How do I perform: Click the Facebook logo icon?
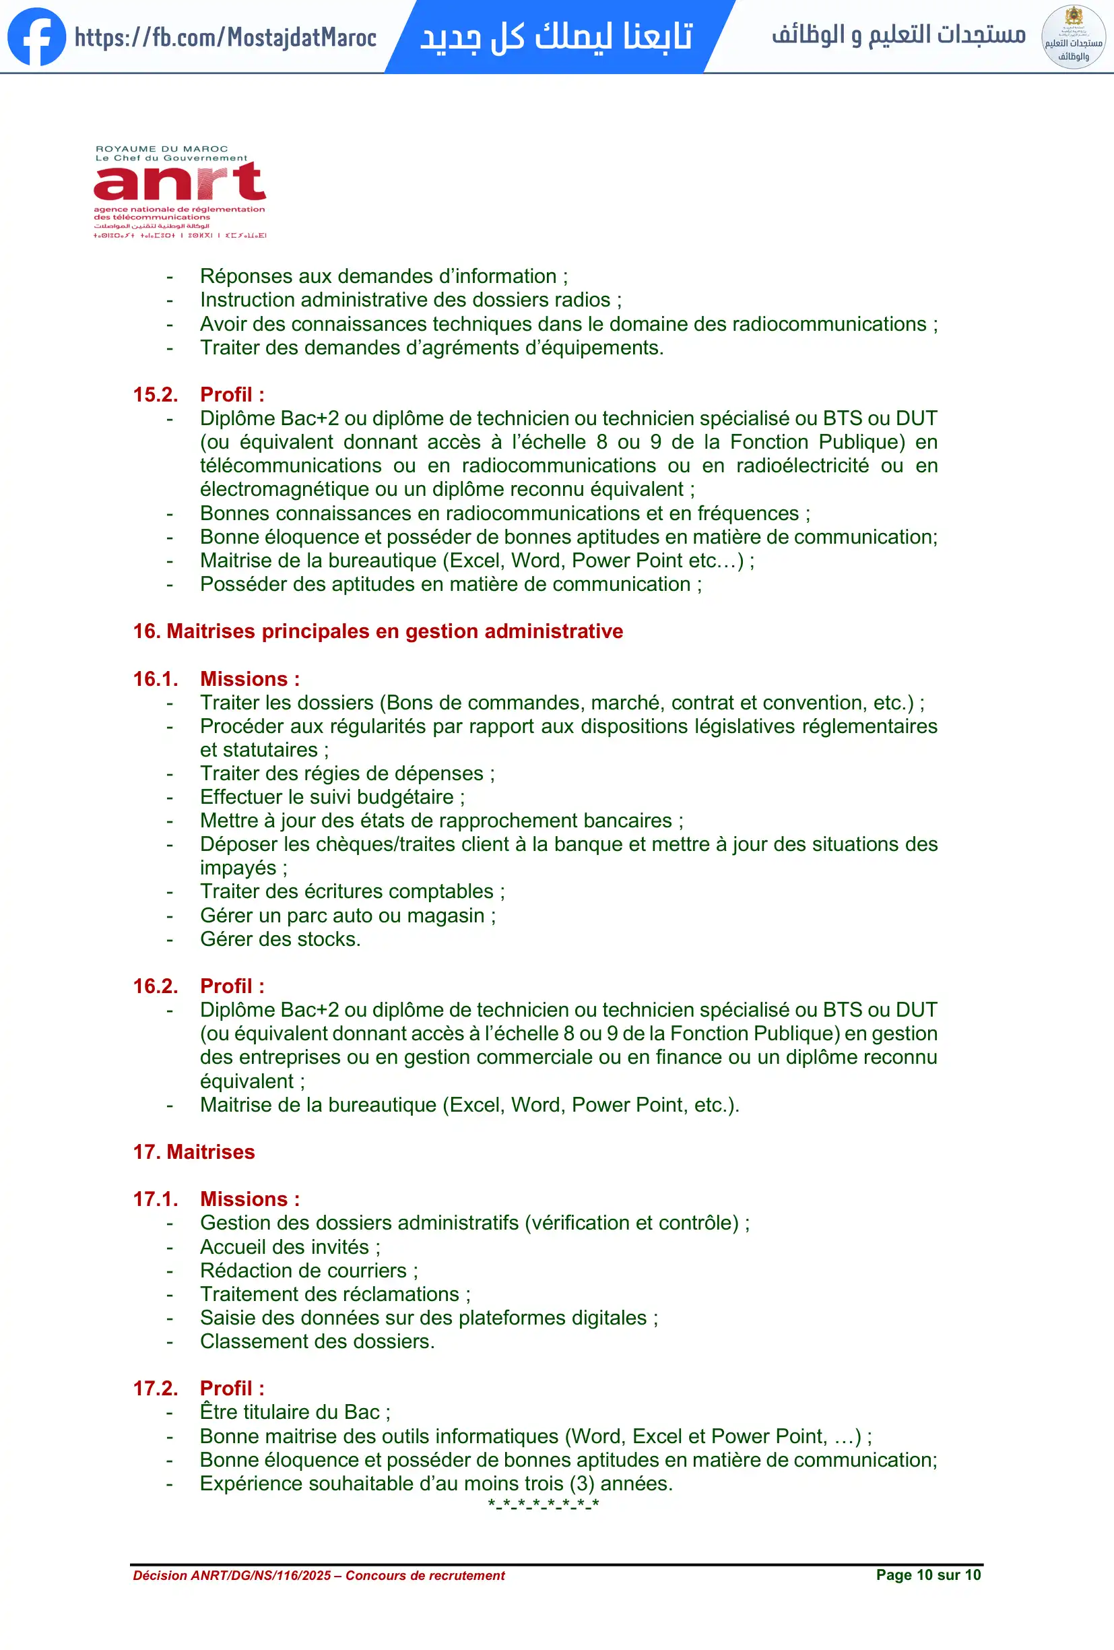coord(36,37)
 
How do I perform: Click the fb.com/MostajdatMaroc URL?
coord(225,38)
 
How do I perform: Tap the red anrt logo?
coord(180,183)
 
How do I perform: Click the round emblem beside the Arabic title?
coord(1073,37)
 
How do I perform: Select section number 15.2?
coord(156,395)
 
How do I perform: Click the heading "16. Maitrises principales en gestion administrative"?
coord(377,631)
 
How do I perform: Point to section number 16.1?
coord(156,678)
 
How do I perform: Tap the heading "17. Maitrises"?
coord(194,1151)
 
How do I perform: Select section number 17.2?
coord(156,1388)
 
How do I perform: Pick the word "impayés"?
coord(238,868)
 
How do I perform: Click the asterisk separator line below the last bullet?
coord(544,1504)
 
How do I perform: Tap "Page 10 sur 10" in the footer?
coord(928,1575)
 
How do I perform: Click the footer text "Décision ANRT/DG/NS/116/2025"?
coord(232,1575)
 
